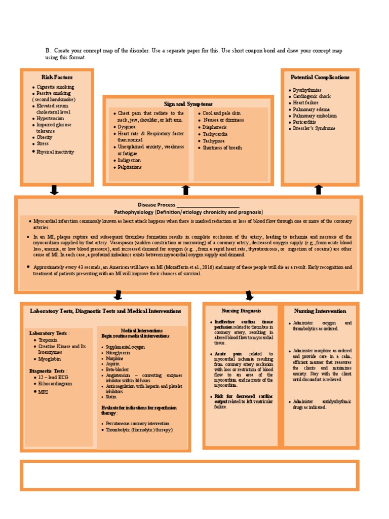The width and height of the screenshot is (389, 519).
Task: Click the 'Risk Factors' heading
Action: [57, 77]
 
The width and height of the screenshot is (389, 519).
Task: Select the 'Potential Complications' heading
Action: [320, 77]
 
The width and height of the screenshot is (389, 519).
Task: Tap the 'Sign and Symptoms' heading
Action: [188, 103]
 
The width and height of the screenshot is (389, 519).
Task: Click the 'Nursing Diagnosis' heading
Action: [241, 310]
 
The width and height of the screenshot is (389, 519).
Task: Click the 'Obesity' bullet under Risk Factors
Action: [44, 137]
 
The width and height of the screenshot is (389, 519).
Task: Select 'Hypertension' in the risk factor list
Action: [50, 118]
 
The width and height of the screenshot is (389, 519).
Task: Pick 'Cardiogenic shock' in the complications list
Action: [312, 96]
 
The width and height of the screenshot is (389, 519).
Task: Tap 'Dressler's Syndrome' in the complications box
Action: [314, 128]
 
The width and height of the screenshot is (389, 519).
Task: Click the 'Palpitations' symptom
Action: [129, 167]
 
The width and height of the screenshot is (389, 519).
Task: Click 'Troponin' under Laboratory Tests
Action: [48, 340]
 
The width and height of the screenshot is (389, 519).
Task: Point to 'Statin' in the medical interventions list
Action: [111, 397]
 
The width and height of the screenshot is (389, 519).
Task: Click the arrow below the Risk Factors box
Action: [55, 190]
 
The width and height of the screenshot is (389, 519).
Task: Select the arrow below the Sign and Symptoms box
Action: [186, 190]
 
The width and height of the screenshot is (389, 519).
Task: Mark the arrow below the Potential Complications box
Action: [318, 190]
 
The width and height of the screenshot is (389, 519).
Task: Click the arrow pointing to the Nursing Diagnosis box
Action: [249, 295]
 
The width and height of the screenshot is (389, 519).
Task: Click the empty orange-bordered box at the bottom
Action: [189, 475]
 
